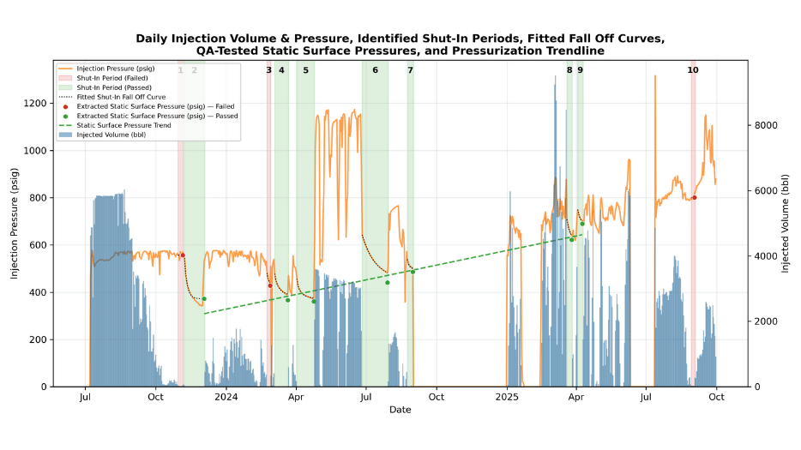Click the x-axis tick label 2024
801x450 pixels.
coord(226,397)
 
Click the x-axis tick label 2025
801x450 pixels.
coord(507,397)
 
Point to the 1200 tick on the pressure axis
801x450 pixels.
coord(35,103)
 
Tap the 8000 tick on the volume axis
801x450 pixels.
coord(765,125)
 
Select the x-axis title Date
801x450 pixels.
coord(400,410)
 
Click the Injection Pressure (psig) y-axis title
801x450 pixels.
coord(15,223)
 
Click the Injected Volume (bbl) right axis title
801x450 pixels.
coord(786,223)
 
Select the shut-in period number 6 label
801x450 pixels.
coord(375,70)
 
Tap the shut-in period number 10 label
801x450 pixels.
coord(693,70)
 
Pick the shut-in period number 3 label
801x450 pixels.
coord(268,70)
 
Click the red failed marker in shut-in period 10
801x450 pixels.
coord(694,197)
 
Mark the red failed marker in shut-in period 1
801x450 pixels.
coord(182,255)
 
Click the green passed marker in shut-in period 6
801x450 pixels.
coord(387,282)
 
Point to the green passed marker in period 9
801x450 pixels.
coord(582,224)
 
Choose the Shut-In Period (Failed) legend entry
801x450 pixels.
coord(114,77)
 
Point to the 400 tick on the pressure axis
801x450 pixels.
coord(39,292)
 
